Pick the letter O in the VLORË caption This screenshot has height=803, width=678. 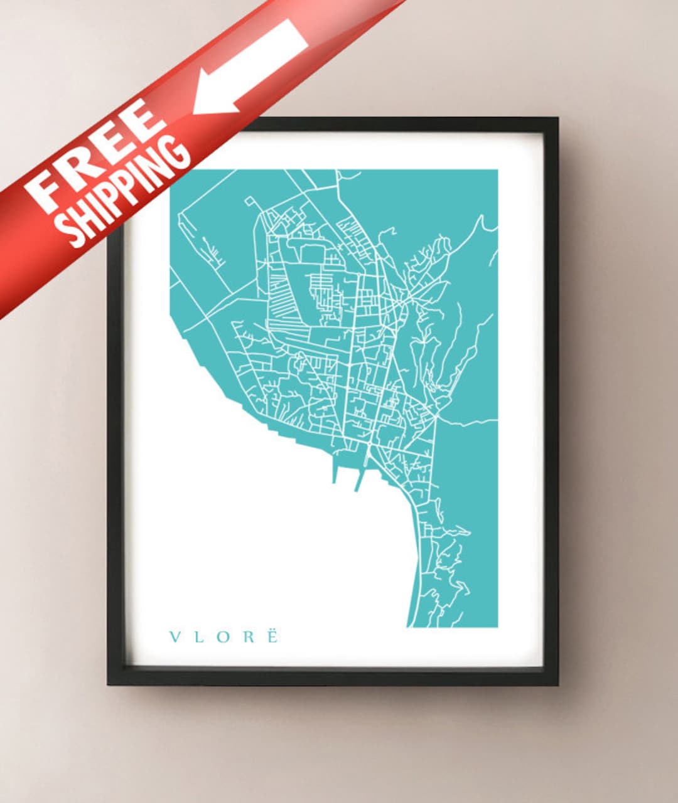tap(222, 637)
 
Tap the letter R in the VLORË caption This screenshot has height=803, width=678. tap(248, 637)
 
